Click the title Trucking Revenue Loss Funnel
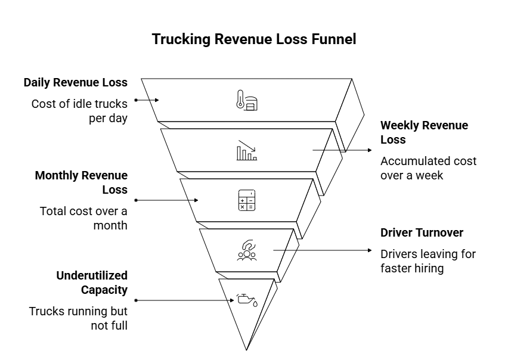(254, 39)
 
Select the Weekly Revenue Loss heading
(424, 132)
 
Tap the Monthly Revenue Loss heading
(81, 182)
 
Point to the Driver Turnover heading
(422, 232)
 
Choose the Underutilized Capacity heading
(92, 283)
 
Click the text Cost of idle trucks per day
(79, 110)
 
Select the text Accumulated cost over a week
(428, 168)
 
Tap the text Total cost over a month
(83, 218)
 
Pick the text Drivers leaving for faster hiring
(428, 261)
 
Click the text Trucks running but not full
(78, 318)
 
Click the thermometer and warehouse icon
(246, 101)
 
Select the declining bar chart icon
(246, 151)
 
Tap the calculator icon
(246, 200)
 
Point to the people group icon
(246, 250)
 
